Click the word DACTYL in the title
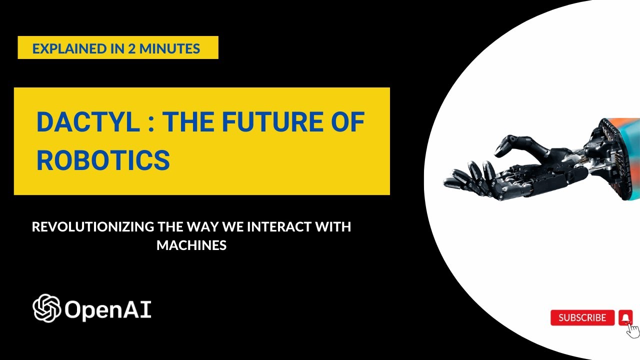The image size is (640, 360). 88,122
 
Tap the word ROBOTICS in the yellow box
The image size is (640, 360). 103,160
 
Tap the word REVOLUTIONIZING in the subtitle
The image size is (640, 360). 92,226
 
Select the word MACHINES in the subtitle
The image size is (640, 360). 191,245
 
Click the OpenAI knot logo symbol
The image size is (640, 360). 46,308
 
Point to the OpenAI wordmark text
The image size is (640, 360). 108,310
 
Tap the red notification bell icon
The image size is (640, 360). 625,317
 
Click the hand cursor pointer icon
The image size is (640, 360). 633,330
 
